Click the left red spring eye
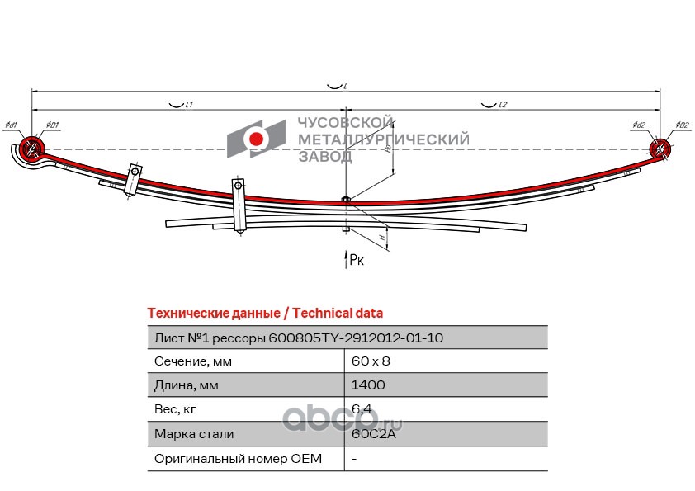31,149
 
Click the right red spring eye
660,149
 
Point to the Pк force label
356,260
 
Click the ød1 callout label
11,125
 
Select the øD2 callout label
682,125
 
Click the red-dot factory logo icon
257,139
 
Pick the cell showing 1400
367,385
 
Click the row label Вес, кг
176,409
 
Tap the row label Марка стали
194,433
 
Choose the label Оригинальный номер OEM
238,458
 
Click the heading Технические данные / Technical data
264,314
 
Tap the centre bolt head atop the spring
346,199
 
